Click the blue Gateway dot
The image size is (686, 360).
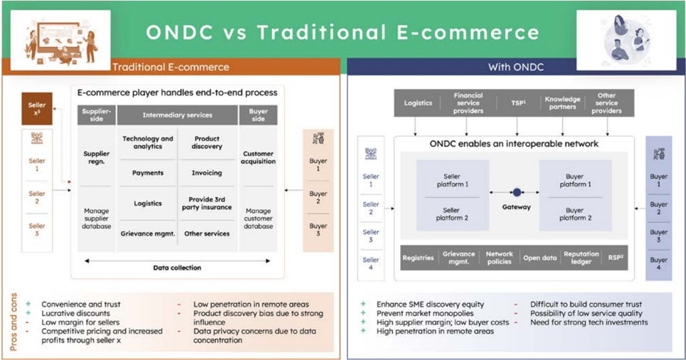pos(517,192)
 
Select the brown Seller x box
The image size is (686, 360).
pos(37,108)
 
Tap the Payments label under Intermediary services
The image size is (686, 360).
pos(148,173)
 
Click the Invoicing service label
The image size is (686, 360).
pos(206,173)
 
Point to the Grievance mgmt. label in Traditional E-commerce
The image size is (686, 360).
pos(148,233)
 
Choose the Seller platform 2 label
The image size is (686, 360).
pos(452,214)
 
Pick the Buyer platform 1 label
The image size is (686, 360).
pos(575,180)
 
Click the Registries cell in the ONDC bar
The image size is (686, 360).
pos(418,258)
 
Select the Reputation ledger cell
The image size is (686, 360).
pos(581,258)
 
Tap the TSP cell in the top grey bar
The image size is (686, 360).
pos(519,102)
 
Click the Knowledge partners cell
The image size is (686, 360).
pos(563,102)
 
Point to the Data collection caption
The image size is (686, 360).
pos(177,268)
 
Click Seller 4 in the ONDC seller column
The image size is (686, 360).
pos(371,263)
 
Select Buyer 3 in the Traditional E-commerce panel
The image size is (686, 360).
pos(318,230)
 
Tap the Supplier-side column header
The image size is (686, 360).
pos(96,115)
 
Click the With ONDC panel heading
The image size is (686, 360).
pos(516,68)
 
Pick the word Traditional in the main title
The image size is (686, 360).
pos(322,32)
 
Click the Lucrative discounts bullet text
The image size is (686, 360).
pos(75,313)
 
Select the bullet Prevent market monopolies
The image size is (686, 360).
pos(426,313)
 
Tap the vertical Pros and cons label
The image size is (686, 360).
pos(14,322)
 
